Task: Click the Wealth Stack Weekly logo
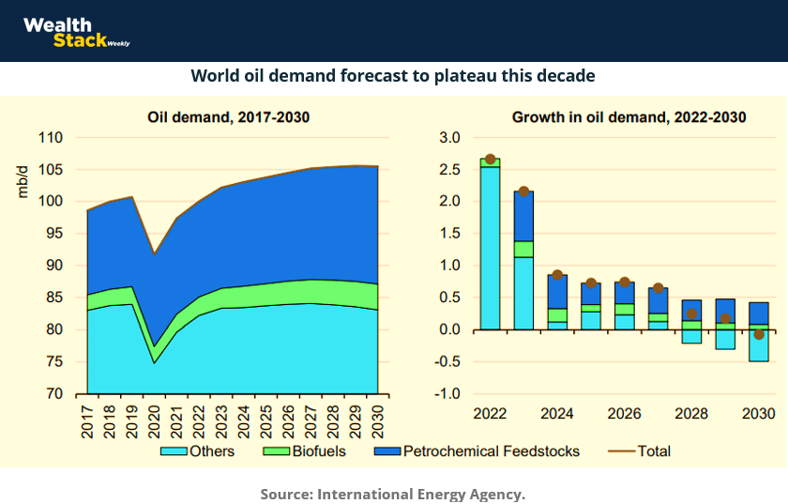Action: [75, 32]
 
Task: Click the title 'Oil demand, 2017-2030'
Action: [228, 117]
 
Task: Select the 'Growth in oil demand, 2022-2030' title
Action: [629, 117]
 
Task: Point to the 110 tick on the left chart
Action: [50, 138]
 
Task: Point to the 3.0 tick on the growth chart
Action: [449, 138]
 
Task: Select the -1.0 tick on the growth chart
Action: [447, 394]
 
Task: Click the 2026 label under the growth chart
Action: [624, 414]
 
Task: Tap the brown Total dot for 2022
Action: [490, 160]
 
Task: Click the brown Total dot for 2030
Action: [759, 335]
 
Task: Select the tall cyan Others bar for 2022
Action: [490, 249]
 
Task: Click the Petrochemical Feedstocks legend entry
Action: [477, 451]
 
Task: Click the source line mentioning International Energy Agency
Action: [393, 494]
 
